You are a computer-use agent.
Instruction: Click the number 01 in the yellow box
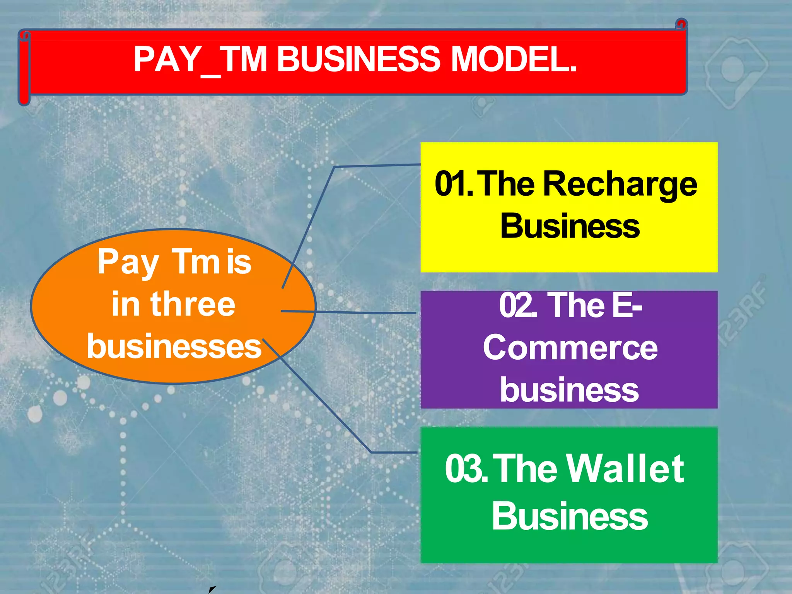451,184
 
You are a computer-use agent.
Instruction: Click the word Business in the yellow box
570,226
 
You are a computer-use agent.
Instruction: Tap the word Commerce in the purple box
570,348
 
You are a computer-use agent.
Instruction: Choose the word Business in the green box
570,516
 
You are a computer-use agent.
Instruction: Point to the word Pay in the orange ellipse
128,263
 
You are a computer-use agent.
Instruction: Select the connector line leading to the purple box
367,312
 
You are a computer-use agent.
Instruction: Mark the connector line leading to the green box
329,410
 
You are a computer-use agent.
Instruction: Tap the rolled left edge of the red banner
24,70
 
